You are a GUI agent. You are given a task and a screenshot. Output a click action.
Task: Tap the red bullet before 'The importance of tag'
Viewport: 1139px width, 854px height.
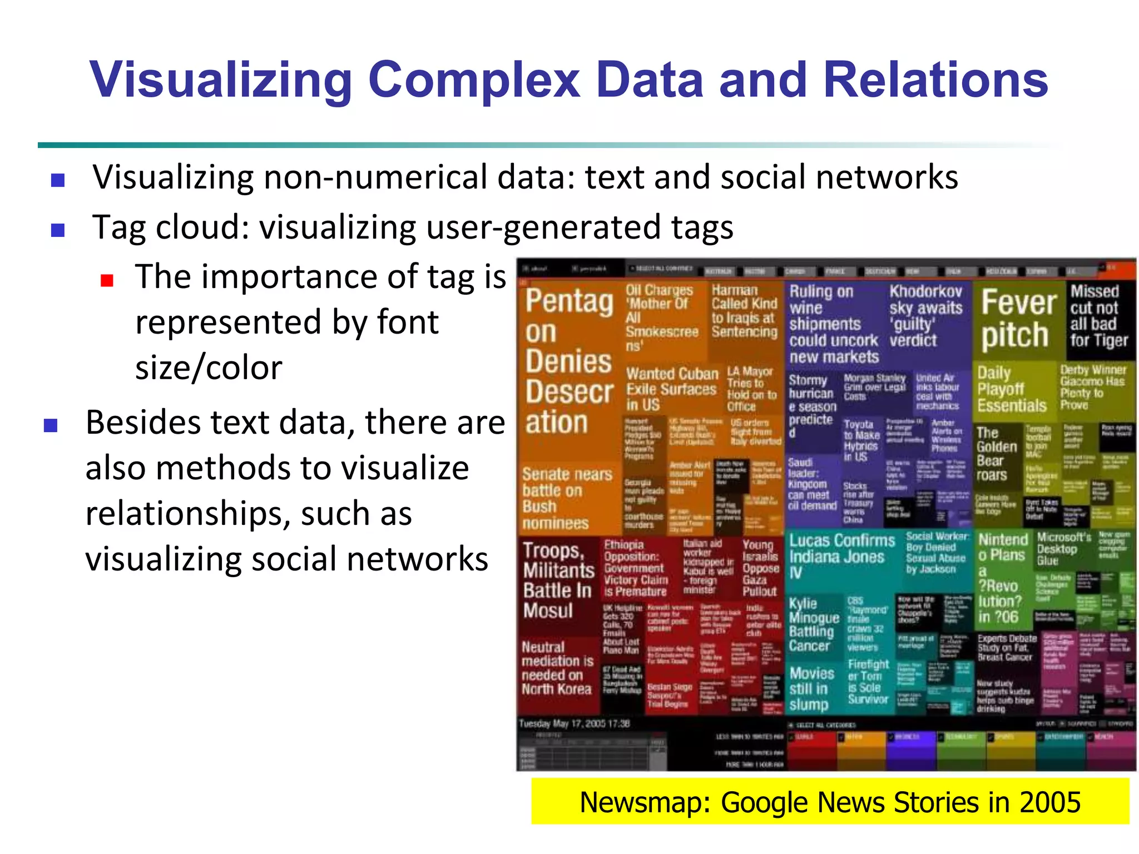pos(107,280)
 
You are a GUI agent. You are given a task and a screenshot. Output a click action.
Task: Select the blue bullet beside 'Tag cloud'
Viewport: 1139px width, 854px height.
pos(58,230)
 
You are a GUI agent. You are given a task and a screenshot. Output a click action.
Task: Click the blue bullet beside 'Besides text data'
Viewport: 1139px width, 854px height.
pos(51,426)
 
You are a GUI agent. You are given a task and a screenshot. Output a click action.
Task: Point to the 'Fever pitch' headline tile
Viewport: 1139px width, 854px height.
pos(1018,320)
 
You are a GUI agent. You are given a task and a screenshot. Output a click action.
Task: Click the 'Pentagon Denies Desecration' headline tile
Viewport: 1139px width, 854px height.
pos(568,361)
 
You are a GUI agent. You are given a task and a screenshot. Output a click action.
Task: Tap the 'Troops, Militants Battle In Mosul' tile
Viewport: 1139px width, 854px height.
pos(558,580)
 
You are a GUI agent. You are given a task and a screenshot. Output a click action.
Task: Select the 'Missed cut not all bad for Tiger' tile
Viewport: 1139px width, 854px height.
pos(1098,316)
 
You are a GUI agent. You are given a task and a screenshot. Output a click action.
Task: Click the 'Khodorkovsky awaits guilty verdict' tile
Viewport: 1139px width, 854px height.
pos(925,315)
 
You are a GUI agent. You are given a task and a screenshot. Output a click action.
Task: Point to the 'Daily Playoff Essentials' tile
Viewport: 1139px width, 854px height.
pos(1012,389)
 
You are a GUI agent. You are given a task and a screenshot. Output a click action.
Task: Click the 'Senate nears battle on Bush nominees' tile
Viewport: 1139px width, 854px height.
pos(567,498)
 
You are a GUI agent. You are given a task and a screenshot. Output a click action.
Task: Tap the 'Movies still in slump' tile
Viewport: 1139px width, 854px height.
pos(811,689)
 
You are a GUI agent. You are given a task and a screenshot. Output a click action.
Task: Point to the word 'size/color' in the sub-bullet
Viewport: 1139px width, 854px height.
pos(209,368)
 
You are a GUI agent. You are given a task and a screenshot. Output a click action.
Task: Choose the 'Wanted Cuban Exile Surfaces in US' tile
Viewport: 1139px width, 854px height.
pos(672,389)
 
